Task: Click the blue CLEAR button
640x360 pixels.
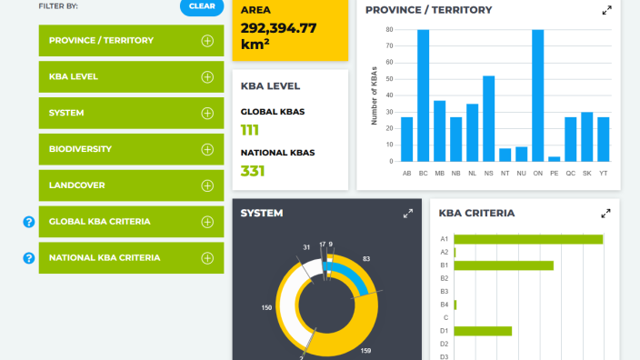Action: point(202,6)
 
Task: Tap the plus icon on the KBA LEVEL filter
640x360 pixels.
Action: point(207,77)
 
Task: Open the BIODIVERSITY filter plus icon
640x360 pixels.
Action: point(207,149)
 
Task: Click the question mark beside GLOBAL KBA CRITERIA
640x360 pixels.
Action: point(28,222)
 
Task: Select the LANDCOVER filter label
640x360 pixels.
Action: point(76,185)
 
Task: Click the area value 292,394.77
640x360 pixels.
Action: point(278,28)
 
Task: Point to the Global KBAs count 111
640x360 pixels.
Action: point(249,130)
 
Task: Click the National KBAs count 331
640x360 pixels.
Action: point(253,171)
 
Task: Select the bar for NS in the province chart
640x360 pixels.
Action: point(488,119)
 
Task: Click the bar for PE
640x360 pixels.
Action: point(555,159)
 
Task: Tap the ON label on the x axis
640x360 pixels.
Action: point(538,174)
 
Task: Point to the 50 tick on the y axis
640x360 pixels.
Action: point(390,79)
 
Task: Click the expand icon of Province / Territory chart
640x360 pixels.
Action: point(607,10)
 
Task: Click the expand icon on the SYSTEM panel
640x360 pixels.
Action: point(408,214)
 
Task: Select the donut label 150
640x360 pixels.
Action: point(266,308)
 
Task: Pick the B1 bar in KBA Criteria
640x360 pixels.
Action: point(504,265)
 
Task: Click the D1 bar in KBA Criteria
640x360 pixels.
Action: point(483,331)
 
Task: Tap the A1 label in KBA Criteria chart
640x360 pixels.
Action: point(444,239)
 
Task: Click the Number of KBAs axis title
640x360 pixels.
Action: point(375,95)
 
